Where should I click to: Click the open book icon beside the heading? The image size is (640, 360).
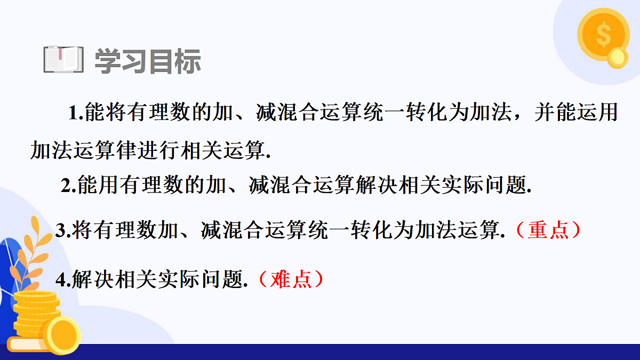pos(63,60)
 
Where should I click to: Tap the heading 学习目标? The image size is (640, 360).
pos(148,61)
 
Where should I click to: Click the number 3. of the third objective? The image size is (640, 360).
pos(63,230)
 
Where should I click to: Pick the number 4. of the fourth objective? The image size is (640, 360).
pos(63,280)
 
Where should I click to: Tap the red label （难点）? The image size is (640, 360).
pos(291,279)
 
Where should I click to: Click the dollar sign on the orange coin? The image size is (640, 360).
pos(603,35)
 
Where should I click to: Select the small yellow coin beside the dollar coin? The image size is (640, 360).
pos(618,58)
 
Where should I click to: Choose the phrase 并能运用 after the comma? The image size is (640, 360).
pos(576,114)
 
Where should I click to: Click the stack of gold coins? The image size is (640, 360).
pos(32,315)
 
